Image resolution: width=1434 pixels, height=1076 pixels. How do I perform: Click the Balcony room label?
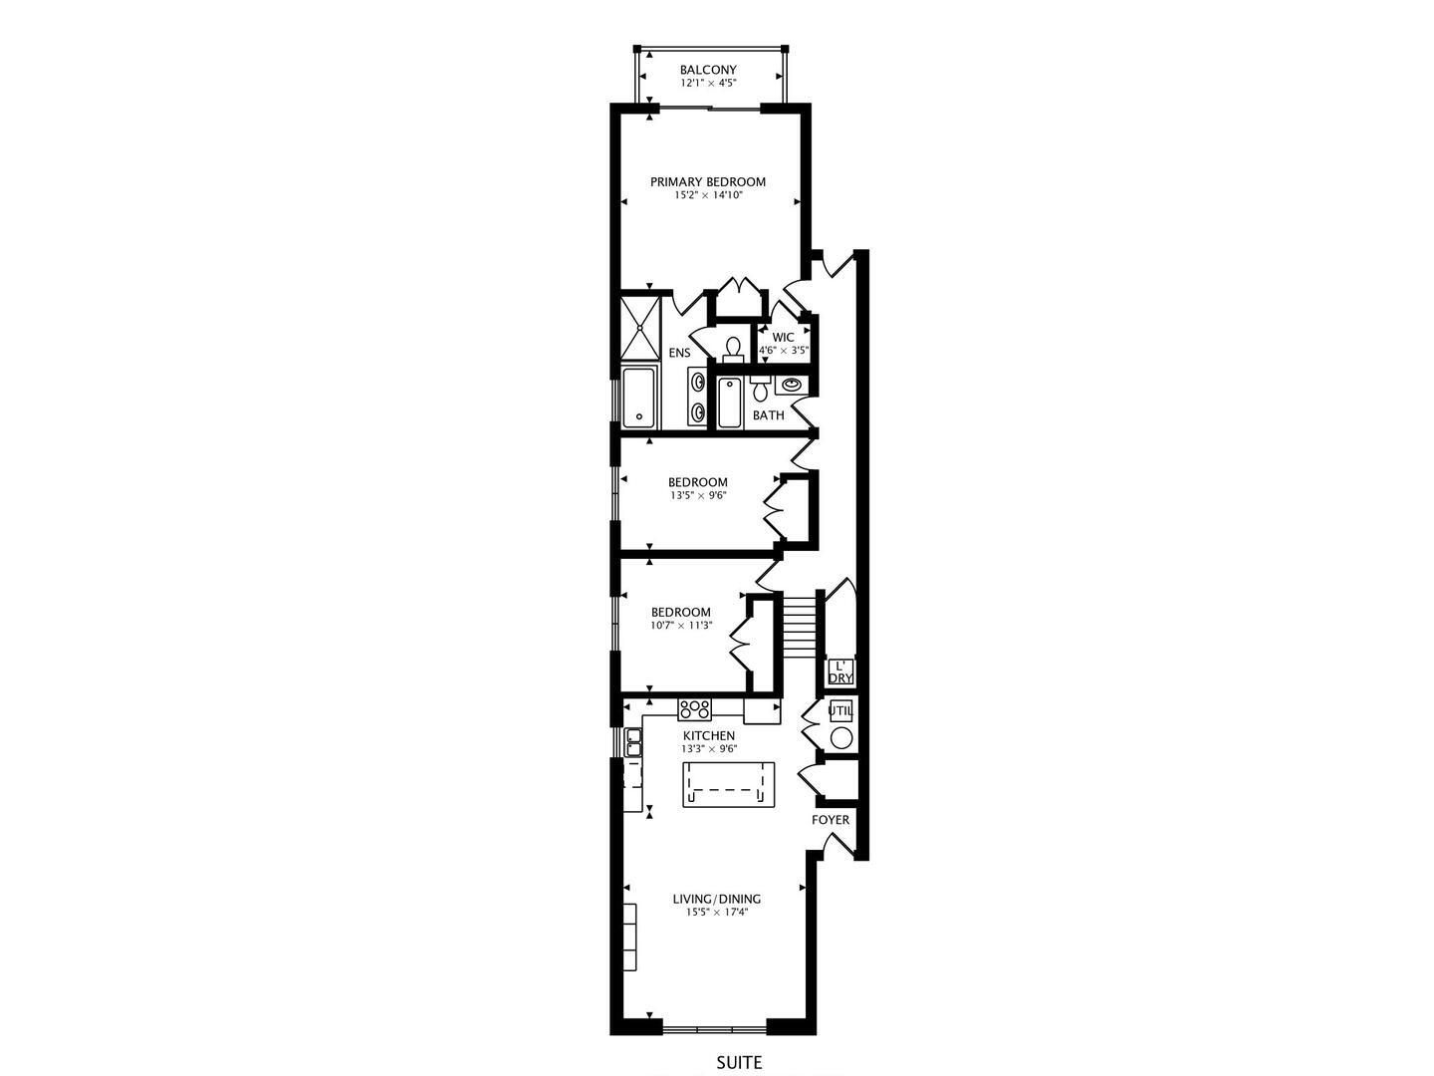point(708,70)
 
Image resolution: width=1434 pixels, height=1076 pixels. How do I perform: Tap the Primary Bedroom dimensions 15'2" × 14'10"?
point(708,195)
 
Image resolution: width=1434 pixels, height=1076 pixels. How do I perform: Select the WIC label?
point(783,338)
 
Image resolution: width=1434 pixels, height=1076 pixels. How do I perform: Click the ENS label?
point(679,353)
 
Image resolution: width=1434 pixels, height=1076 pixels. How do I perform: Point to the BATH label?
point(768,415)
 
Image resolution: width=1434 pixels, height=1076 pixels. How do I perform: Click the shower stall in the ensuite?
point(640,329)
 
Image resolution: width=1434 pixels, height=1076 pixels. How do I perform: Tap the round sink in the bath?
point(793,385)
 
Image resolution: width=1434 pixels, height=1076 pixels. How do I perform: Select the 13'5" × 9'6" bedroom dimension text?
point(697,495)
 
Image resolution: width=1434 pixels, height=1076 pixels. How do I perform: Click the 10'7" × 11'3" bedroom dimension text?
point(680,626)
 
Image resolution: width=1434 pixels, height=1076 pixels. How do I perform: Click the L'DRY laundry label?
point(840,672)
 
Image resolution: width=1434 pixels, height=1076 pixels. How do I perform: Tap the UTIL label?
point(840,711)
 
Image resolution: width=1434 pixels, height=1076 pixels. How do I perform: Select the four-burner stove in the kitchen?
point(694,709)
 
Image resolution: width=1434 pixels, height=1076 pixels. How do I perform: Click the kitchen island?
point(728,784)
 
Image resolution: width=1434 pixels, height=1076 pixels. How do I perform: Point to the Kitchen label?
point(708,735)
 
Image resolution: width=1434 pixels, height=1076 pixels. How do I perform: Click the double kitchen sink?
point(633,743)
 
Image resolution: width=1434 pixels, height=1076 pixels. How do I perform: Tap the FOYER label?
point(831,820)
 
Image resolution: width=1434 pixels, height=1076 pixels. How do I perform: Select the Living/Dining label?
point(717,899)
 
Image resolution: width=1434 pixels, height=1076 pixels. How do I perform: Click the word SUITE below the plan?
point(739,1063)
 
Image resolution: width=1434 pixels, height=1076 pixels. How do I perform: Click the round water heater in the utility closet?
point(841,738)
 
